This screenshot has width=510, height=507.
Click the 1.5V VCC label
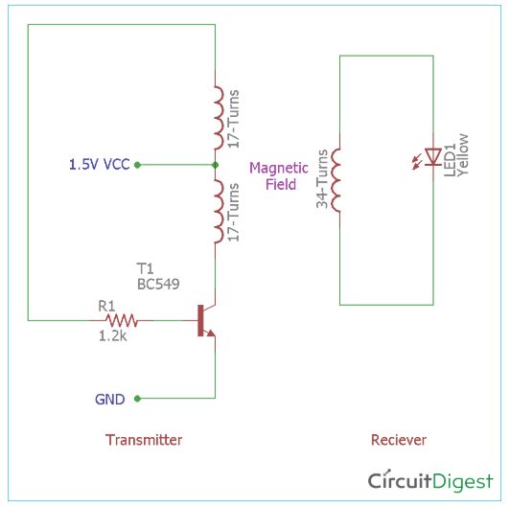99,164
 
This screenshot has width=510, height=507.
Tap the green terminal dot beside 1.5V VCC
138,165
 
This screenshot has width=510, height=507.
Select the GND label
110,399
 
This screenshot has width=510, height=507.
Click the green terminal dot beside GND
138,399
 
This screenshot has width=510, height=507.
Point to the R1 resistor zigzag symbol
122,320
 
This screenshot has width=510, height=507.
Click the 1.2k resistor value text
112,336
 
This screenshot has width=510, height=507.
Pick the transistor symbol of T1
206,320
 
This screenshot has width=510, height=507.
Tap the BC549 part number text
158,285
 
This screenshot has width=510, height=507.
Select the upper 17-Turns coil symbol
219,118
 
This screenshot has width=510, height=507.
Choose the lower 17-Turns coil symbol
219,212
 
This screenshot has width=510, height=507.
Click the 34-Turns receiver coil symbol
336,180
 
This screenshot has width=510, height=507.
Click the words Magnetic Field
279,176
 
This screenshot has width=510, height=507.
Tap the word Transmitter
144,440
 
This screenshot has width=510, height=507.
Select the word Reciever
399,440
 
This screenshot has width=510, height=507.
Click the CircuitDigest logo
430,481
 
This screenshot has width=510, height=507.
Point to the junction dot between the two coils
215,165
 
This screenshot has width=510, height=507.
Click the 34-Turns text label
322,179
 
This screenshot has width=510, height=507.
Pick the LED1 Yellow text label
456,155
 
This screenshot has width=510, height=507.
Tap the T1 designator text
145,269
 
